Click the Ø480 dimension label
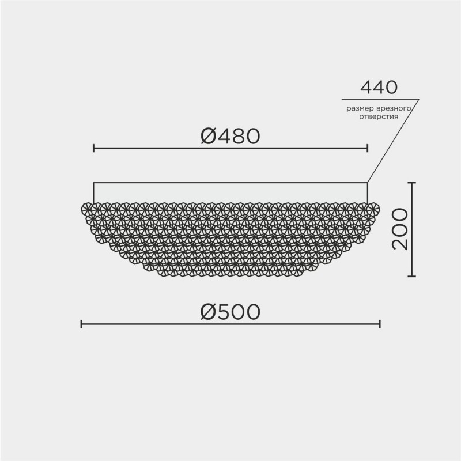[231, 136]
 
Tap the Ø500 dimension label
[231, 312]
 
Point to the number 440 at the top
[379, 88]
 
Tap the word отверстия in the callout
[379, 116]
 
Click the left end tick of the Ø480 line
[94, 149]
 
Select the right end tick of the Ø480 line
[367, 149]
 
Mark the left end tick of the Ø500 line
[81, 324]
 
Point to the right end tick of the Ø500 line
[380, 324]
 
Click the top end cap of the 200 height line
[411, 183]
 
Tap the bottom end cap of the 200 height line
[411, 276]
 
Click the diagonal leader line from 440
[393, 141]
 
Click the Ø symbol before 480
[208, 136]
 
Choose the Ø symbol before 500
[208, 312]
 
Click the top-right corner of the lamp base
[367, 183]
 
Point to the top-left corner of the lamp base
[94, 183]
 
